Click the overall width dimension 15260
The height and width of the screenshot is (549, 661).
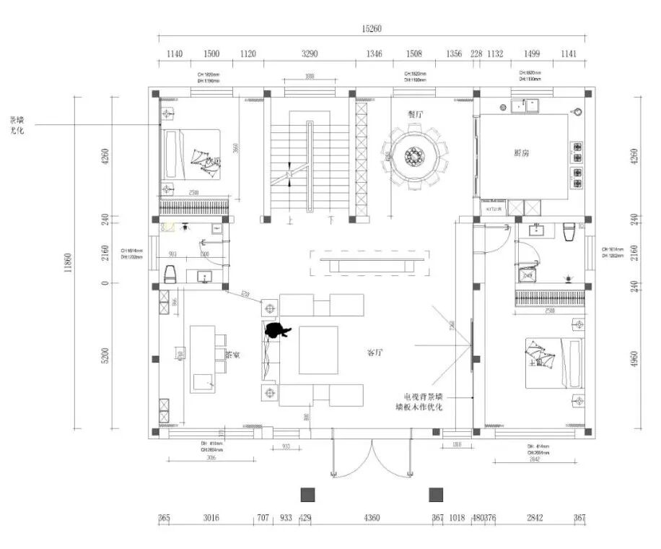point(371,29)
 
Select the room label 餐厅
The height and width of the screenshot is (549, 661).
point(414,113)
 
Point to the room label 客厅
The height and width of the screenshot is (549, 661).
point(375,353)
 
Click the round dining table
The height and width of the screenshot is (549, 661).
point(415,156)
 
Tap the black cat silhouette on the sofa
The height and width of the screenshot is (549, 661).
point(276,331)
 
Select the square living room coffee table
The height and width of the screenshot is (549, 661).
point(318,350)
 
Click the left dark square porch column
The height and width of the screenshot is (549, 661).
point(308,494)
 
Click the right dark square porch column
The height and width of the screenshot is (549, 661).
point(436,494)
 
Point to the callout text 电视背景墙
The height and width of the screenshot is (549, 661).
point(428,397)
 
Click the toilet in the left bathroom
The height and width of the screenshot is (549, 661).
point(171,274)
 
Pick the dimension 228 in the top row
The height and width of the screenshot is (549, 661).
point(476,53)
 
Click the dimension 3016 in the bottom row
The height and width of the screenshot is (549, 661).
point(211,518)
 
